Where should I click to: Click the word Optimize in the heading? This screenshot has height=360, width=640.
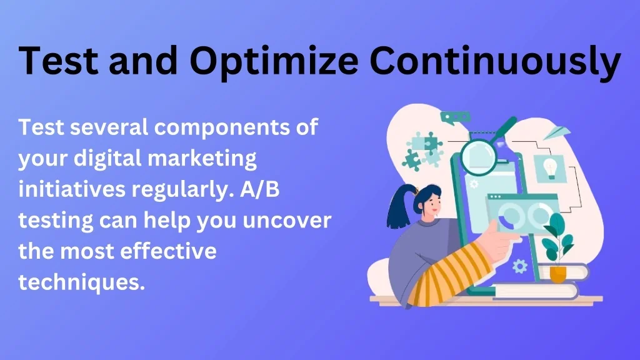(x=274, y=62)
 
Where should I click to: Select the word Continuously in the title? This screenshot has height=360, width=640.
(x=495, y=62)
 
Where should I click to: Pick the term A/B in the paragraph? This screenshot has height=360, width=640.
(x=259, y=189)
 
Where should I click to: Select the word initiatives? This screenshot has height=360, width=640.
(x=72, y=189)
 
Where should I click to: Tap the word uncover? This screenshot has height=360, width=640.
(x=287, y=221)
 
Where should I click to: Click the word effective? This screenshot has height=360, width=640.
(x=168, y=251)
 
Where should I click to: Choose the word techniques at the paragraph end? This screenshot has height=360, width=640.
(x=82, y=282)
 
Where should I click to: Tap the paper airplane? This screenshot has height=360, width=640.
(x=557, y=132)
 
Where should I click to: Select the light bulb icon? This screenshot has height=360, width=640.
(x=551, y=168)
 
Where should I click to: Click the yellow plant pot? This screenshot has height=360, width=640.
(x=557, y=274)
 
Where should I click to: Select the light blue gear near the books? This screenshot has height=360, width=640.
(x=519, y=266)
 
